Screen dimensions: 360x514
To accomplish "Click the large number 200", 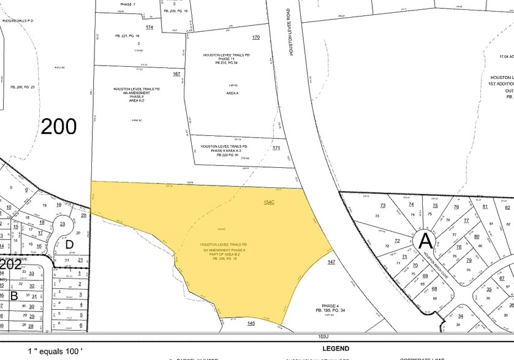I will click(59, 127).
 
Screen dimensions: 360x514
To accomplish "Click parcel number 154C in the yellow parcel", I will click(269, 201).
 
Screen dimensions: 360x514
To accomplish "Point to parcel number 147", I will click(331, 262).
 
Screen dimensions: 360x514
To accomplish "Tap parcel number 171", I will click(276, 149).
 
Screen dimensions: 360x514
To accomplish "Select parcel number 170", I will click(256, 38).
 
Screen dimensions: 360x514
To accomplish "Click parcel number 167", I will click(176, 74).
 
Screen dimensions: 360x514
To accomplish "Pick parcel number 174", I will click(149, 28).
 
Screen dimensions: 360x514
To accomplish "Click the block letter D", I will click(69, 244).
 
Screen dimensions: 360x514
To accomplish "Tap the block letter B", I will click(13, 295).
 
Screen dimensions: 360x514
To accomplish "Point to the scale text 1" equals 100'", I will click(55, 351).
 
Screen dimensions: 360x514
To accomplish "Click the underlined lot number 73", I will click(383, 206).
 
